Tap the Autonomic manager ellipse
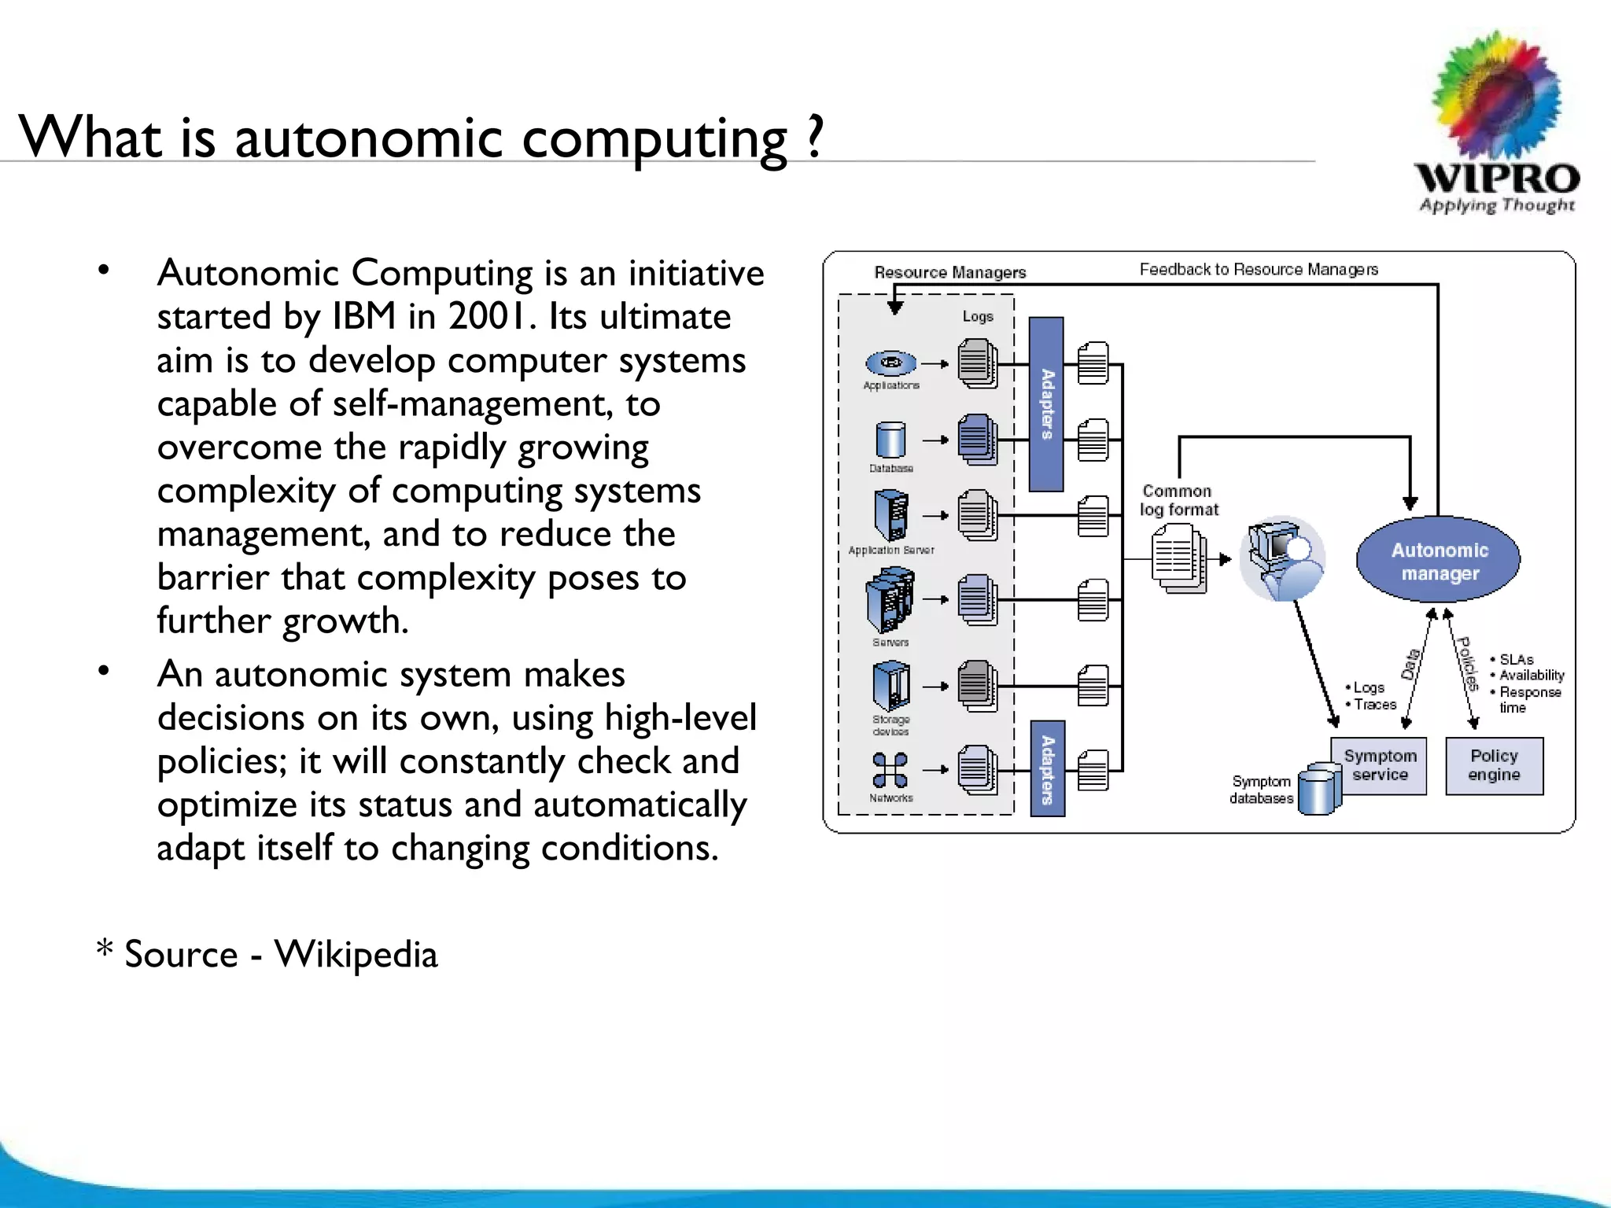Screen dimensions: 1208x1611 [1439, 561]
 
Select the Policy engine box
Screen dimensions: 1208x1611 [1494, 766]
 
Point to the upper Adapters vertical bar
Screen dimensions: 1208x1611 [1046, 404]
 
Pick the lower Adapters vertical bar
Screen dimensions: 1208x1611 [1047, 769]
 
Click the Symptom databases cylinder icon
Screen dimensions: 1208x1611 [1318, 790]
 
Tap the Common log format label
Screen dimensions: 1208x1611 [1178, 500]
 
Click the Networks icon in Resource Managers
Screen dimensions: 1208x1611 [890, 770]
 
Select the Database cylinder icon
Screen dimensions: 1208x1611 [890, 440]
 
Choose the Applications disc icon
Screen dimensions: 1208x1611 [891, 363]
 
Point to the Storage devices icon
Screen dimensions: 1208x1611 [891, 687]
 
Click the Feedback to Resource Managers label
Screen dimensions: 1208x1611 [1259, 270]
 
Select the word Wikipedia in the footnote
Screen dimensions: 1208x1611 [356, 954]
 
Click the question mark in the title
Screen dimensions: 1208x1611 [814, 137]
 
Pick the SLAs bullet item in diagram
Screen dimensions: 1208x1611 [1515, 660]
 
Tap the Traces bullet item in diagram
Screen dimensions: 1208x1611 [1373, 705]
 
